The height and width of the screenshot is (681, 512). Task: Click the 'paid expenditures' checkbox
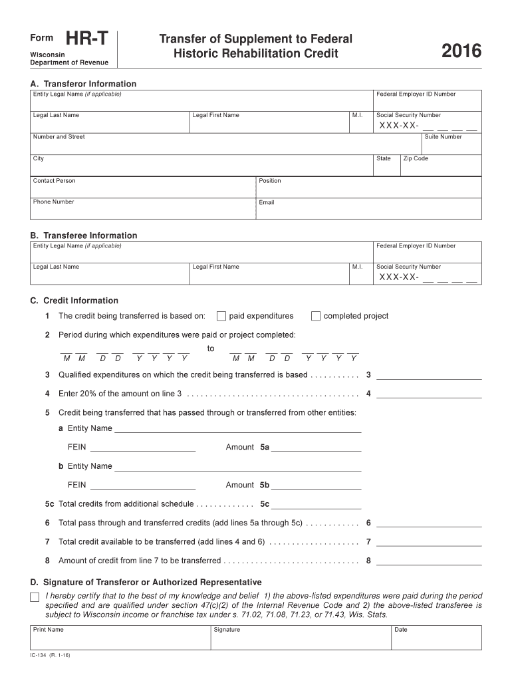[x=222, y=316]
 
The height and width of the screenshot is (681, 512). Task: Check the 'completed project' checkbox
[x=316, y=316]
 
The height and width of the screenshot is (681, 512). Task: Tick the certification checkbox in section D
[x=35, y=597]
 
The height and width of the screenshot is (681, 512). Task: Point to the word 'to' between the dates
[x=211, y=348]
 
